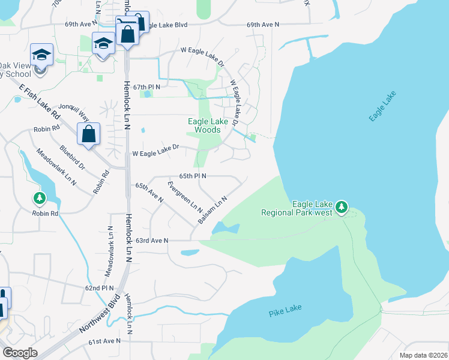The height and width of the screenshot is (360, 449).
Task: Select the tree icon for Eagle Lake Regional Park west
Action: click(x=342, y=207)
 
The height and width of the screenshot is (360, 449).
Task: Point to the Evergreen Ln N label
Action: click(x=185, y=196)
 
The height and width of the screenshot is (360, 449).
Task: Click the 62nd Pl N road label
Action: click(x=100, y=288)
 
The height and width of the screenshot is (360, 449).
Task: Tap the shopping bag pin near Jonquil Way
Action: click(x=88, y=134)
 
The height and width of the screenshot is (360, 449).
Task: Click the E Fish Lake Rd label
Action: click(x=40, y=101)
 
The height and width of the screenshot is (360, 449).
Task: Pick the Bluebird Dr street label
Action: click(x=72, y=157)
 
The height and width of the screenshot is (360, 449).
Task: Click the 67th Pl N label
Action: click(x=147, y=87)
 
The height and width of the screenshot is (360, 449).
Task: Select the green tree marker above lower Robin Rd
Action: click(x=40, y=197)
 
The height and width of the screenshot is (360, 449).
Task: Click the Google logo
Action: click(x=20, y=353)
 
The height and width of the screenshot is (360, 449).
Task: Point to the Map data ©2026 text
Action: click(x=423, y=355)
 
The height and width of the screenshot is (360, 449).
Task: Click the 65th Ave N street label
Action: click(x=149, y=193)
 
